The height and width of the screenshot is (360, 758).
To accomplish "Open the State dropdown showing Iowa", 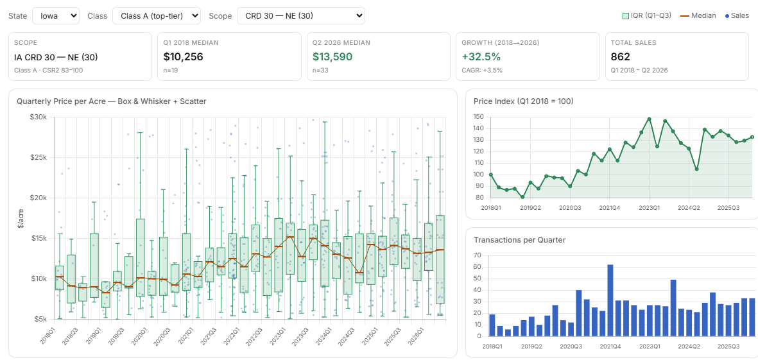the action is pyautogui.click(x=56, y=15).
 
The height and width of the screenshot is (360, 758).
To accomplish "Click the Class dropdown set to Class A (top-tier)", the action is pyautogui.click(x=156, y=15).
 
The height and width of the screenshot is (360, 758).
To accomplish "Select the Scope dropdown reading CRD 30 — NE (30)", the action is pyautogui.click(x=300, y=15).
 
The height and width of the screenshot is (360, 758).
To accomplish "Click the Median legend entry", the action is pyautogui.click(x=700, y=15).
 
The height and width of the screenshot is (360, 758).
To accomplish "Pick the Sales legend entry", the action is pyautogui.click(x=737, y=15).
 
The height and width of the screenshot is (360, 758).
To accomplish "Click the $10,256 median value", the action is pyautogui.click(x=183, y=56).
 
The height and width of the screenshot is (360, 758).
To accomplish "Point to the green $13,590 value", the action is pyautogui.click(x=332, y=56).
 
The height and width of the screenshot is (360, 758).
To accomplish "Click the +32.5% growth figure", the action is pyautogui.click(x=481, y=56).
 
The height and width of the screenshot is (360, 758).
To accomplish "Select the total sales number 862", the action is pyautogui.click(x=620, y=56).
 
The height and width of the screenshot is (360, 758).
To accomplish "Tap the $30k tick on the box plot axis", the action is pyautogui.click(x=39, y=117).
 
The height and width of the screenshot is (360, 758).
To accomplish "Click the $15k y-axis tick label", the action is pyautogui.click(x=39, y=238).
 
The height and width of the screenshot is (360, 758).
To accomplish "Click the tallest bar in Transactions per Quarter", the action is pyautogui.click(x=610, y=300).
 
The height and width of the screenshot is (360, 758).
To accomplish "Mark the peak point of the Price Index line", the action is pyautogui.click(x=649, y=119).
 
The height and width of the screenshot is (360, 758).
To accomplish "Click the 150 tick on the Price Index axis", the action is pyautogui.click(x=479, y=117).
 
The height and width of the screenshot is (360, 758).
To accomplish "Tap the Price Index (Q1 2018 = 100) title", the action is pyautogui.click(x=524, y=101).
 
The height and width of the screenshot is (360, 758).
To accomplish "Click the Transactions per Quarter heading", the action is pyautogui.click(x=520, y=239).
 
